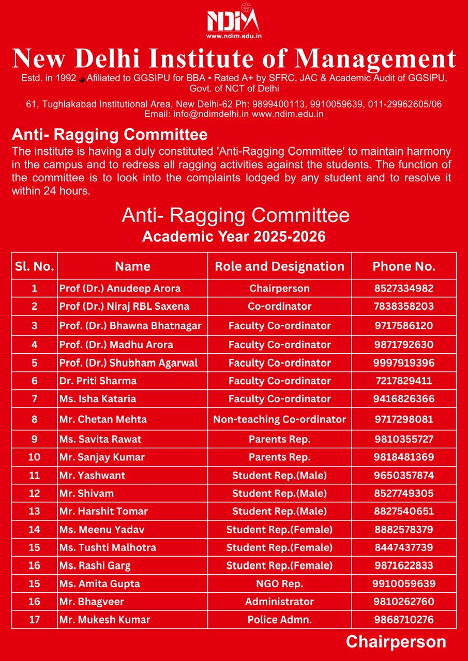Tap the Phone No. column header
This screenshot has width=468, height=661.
[x=404, y=266]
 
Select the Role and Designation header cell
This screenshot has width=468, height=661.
[x=279, y=266]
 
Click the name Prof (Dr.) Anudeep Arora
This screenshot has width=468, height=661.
[x=120, y=288]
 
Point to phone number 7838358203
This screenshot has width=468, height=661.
[x=404, y=306]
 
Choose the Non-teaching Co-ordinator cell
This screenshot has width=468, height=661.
[x=279, y=419]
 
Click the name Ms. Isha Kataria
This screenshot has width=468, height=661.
[x=98, y=399]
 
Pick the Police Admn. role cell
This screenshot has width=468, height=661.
[x=279, y=620]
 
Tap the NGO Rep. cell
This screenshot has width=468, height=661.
[x=279, y=584]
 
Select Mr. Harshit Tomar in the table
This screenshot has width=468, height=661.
[x=103, y=511]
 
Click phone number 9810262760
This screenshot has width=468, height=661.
[x=404, y=602]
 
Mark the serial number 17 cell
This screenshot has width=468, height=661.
[x=35, y=620]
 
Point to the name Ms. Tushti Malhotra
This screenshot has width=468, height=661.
[x=108, y=547]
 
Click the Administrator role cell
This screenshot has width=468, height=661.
[x=279, y=602]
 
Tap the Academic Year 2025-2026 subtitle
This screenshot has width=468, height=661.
[x=234, y=237]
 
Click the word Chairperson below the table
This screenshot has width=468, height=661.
[x=396, y=641]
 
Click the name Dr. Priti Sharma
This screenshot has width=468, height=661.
[x=98, y=381]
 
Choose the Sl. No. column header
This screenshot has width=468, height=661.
[x=35, y=266]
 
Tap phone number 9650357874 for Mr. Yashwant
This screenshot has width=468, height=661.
[x=404, y=475]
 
